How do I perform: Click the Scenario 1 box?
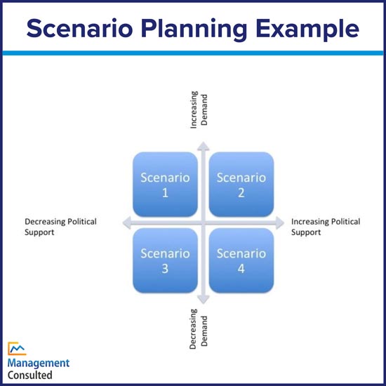click(x=165, y=184)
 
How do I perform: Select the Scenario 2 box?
click(x=241, y=184)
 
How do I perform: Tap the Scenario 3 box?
click(x=165, y=260)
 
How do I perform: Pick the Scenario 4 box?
click(x=241, y=260)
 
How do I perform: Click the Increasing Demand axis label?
click(x=199, y=108)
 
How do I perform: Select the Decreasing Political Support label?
click(x=60, y=227)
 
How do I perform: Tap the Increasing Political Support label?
click(x=326, y=227)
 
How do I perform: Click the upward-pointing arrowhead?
click(x=202, y=146)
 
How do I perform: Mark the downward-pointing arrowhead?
click(x=202, y=300)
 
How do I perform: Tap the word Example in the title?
click(x=310, y=29)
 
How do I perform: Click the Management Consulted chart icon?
click(x=18, y=348)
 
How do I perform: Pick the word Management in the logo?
click(x=39, y=363)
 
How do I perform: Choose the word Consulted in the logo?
click(x=30, y=375)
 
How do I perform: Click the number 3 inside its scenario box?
click(x=165, y=268)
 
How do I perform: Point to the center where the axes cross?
click(x=202, y=222)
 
